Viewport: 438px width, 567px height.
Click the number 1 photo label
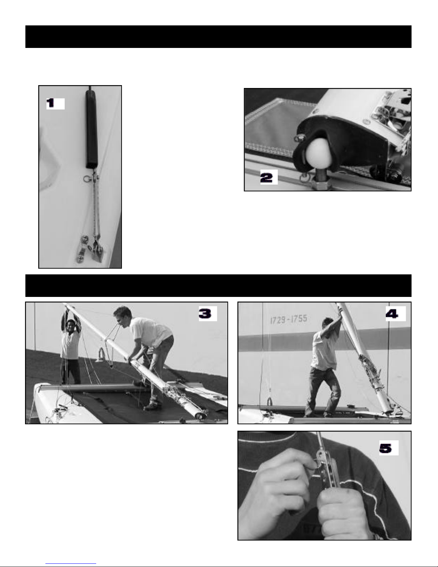(55, 103)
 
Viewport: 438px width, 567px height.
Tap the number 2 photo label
(269, 177)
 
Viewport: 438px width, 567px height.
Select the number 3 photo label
(208, 313)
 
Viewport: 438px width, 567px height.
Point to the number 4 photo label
(395, 314)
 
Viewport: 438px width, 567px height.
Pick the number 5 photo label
(389, 448)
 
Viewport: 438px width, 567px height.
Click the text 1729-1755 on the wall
(289, 319)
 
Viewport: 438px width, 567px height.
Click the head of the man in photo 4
(328, 324)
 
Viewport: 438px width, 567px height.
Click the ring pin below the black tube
(87, 179)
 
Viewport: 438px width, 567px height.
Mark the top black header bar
(218, 36)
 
